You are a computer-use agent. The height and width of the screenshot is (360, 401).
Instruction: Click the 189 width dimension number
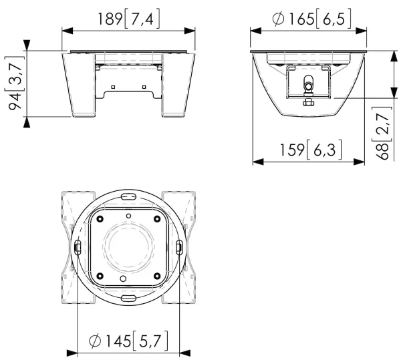click(x=110, y=19)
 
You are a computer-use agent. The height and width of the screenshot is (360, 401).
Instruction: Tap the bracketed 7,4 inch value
click(x=142, y=19)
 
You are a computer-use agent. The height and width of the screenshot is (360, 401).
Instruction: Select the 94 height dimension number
click(x=15, y=101)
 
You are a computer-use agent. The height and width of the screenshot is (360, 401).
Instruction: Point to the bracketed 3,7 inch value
click(x=15, y=73)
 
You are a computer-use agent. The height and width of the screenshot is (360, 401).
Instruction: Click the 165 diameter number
click(x=301, y=19)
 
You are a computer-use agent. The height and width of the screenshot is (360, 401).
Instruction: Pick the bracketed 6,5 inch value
click(x=333, y=19)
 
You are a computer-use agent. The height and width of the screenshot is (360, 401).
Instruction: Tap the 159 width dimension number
click(x=292, y=150)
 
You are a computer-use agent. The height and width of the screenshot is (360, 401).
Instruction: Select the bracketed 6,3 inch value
click(x=324, y=150)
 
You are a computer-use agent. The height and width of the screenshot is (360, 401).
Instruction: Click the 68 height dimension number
click(x=382, y=151)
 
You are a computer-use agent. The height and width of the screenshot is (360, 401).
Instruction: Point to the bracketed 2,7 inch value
click(x=382, y=124)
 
